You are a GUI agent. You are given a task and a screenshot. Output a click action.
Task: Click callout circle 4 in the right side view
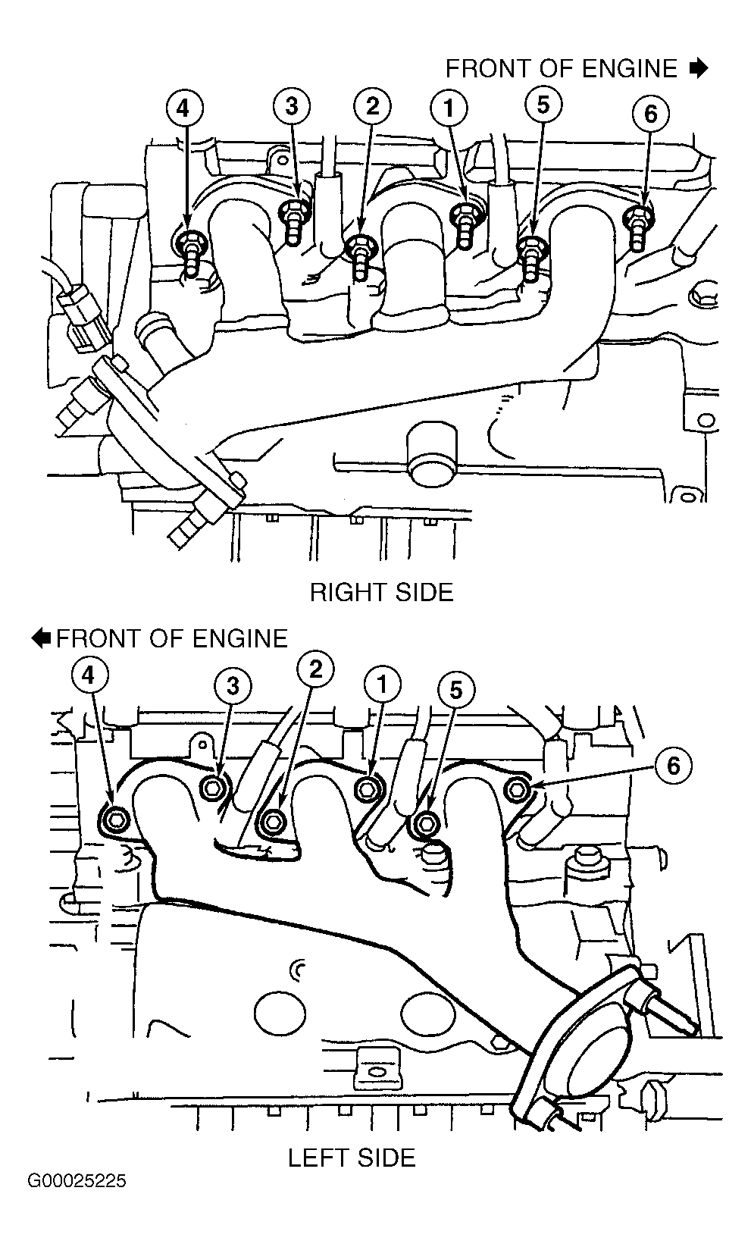183,108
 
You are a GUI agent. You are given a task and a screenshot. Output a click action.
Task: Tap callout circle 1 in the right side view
449,108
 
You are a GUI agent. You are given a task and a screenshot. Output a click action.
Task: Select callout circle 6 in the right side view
650,114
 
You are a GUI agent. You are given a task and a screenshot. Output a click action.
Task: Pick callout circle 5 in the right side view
543,105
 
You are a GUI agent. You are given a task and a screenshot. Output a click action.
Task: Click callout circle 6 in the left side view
673,766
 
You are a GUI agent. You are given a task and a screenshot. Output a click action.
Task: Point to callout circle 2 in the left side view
315,669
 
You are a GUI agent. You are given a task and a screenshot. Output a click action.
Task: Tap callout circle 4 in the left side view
89,676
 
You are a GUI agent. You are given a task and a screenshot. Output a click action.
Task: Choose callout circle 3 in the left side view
233,686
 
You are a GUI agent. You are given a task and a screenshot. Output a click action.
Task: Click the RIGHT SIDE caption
381,593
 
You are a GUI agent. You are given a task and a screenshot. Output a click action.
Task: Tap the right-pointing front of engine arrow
699,68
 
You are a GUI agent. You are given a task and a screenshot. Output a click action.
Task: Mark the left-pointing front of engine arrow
41,638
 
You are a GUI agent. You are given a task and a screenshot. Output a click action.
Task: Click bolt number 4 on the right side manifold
191,250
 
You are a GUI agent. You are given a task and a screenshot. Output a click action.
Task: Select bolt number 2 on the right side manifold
360,256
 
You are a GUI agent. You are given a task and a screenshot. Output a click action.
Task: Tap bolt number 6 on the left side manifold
518,788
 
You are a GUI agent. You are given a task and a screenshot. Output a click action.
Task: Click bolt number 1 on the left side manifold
366,789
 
